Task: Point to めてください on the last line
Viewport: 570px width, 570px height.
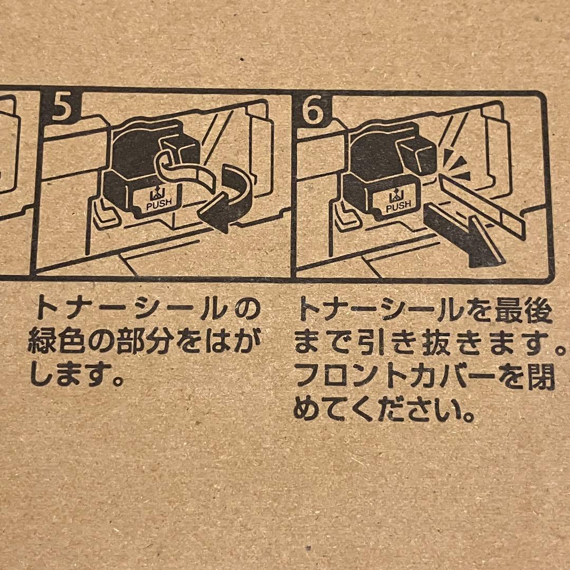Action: pos(383,410)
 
